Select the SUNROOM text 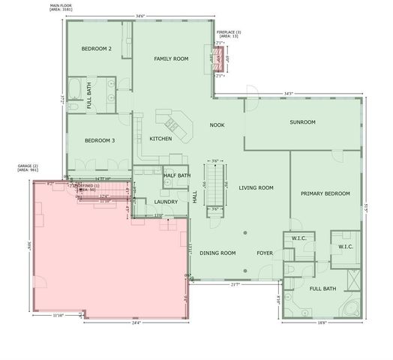click(302, 122)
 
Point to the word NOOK click(217, 125)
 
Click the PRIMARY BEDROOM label click(325, 193)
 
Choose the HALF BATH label click(177, 175)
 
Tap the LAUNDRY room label click(166, 202)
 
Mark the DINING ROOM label click(217, 253)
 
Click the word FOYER click(264, 253)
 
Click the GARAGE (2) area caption click(28, 168)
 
